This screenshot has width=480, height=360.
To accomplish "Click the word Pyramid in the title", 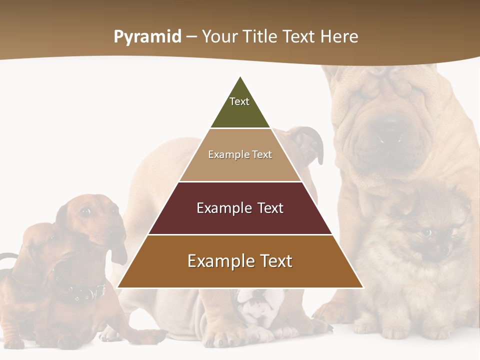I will tap(147, 37).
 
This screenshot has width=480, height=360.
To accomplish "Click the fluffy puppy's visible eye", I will tap(426, 232).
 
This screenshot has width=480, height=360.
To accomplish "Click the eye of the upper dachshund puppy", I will tap(86, 212).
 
